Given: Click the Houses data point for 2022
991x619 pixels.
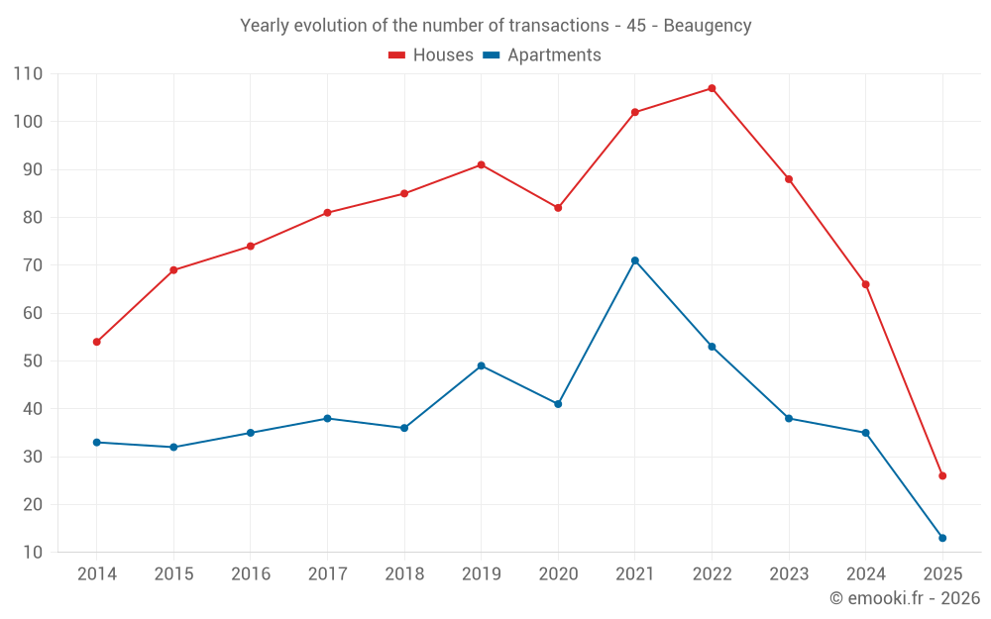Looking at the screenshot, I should [712, 88].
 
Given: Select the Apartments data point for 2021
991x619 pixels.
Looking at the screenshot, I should [635, 260].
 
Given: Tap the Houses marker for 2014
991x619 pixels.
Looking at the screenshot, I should [97, 342].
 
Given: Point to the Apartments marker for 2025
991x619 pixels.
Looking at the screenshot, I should [942, 538].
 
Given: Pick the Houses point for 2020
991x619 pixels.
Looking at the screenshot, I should [558, 208].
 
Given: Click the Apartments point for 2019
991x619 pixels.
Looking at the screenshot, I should [482, 365].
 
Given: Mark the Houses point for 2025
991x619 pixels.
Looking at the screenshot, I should [942, 475].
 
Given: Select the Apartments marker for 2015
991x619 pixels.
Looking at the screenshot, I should [173, 447].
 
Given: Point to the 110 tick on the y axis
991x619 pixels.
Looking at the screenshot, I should [28, 74].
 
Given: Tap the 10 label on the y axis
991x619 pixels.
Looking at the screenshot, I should [33, 553].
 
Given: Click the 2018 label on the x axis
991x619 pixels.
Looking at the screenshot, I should [404, 574].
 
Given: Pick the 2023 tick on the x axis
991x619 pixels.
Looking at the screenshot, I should [789, 574].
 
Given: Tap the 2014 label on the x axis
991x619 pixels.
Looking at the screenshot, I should [97, 574].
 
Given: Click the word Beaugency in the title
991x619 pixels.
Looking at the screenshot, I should [707, 26].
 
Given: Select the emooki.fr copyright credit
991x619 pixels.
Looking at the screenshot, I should [904, 598].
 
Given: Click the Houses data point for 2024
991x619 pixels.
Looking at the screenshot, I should [865, 284].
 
